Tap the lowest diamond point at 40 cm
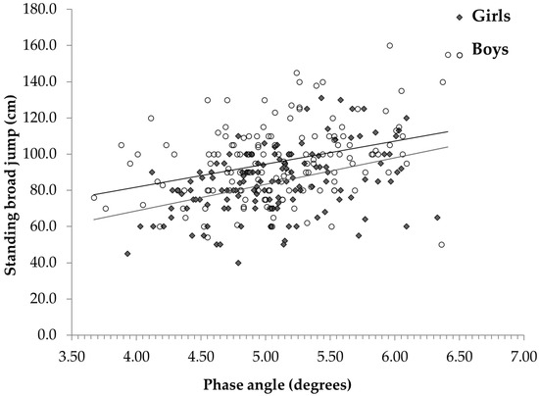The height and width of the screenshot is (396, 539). click(238, 263)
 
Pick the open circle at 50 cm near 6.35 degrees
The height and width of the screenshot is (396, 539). click(442, 244)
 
